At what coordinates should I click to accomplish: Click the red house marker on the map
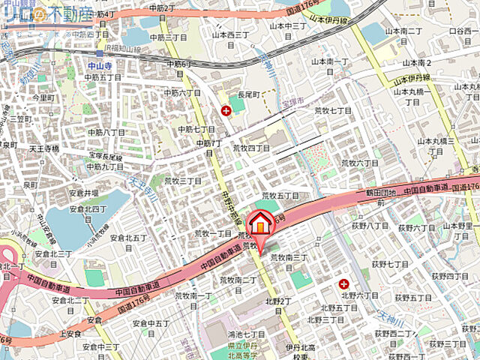click(259, 223)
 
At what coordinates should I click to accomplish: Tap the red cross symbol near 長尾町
click(226, 111)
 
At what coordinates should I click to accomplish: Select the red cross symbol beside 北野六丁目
click(343, 283)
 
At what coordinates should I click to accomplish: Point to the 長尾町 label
click(247, 96)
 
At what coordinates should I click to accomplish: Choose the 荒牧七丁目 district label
click(333, 110)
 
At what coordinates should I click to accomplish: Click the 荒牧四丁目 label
click(251, 148)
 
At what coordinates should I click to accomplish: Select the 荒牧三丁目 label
click(184, 181)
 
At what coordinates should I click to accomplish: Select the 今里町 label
click(43, 98)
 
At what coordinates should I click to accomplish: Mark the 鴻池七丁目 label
click(247, 333)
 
